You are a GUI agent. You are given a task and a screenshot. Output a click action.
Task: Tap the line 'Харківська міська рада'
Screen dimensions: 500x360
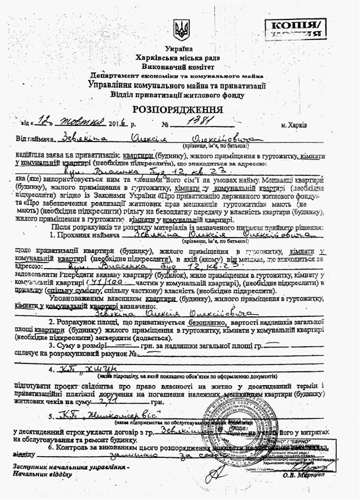pyautogui.click(x=180, y=58)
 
